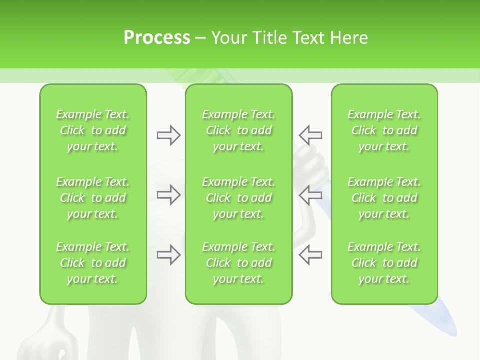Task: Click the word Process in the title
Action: [157, 38]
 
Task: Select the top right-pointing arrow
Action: [168, 135]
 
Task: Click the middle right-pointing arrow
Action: [168, 195]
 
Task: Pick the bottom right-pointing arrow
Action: [168, 255]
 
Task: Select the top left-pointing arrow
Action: [310, 135]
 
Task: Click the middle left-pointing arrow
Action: [310, 195]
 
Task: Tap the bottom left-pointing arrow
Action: [310, 255]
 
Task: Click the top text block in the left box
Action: [93, 130]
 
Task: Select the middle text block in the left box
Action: [93, 198]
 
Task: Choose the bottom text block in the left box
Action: [93, 263]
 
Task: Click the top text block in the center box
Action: [239, 130]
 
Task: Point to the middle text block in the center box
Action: [239, 198]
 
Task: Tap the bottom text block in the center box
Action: [239, 263]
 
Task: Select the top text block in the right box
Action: [384, 130]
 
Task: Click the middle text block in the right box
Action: [384, 198]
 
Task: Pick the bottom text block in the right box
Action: [384, 263]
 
